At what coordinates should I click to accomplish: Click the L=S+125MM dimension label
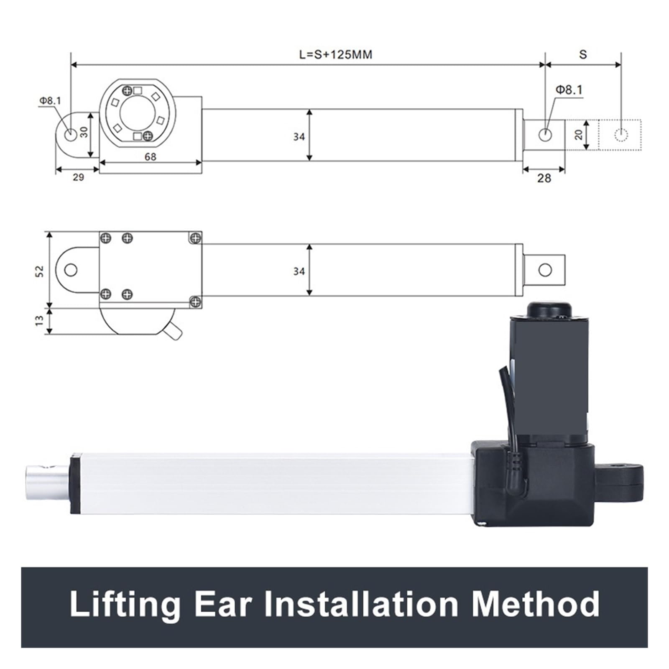[x=335, y=54]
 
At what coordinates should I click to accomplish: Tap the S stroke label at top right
[x=583, y=54]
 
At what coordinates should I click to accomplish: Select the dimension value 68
[x=150, y=157]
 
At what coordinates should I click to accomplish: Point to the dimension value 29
[x=78, y=177]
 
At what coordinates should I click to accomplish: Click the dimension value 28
[x=544, y=179]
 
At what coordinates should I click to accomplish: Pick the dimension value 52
[x=39, y=271]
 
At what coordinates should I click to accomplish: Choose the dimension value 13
[x=39, y=321]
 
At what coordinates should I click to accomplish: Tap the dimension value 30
[x=84, y=132]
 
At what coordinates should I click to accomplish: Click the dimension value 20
[x=578, y=135]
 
